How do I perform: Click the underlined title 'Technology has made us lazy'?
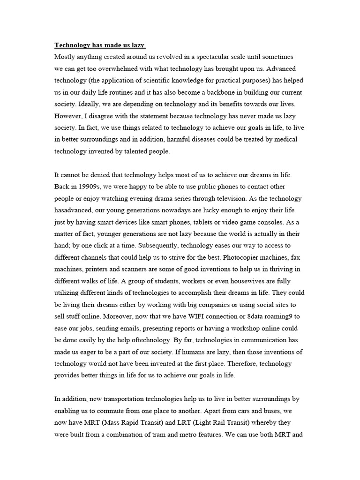pyautogui.click(x=100, y=45)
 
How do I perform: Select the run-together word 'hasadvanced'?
pyautogui.click(x=75, y=210)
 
